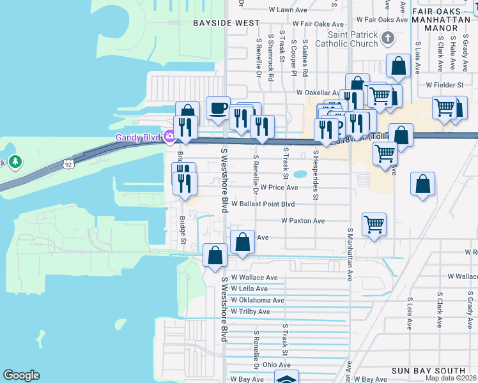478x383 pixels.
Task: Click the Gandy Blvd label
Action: coord(139,137)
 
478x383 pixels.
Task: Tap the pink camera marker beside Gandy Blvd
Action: coord(169,136)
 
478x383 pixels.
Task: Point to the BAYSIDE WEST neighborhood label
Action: coord(218,22)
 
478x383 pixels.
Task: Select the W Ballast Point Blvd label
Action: coord(263,204)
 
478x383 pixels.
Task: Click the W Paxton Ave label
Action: coord(304,221)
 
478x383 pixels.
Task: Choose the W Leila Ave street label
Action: coord(254,289)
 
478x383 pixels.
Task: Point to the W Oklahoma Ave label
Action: coord(258,300)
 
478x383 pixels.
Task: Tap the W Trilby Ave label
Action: coord(251,312)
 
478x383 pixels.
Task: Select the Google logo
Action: coord(22,375)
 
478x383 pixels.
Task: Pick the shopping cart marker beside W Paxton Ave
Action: coord(374,224)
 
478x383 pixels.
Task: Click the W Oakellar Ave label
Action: coord(320,93)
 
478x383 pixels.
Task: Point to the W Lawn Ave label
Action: coord(288,10)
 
